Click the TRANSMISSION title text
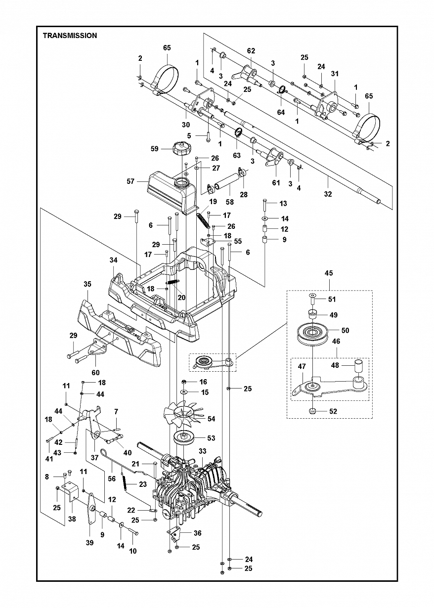(70, 36)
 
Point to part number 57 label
(130, 181)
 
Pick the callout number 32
(328, 194)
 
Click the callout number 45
(329, 272)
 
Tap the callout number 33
(202, 451)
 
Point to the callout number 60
(95, 372)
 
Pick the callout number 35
(87, 284)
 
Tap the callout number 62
(251, 50)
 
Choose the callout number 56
(112, 478)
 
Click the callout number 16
(203, 382)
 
